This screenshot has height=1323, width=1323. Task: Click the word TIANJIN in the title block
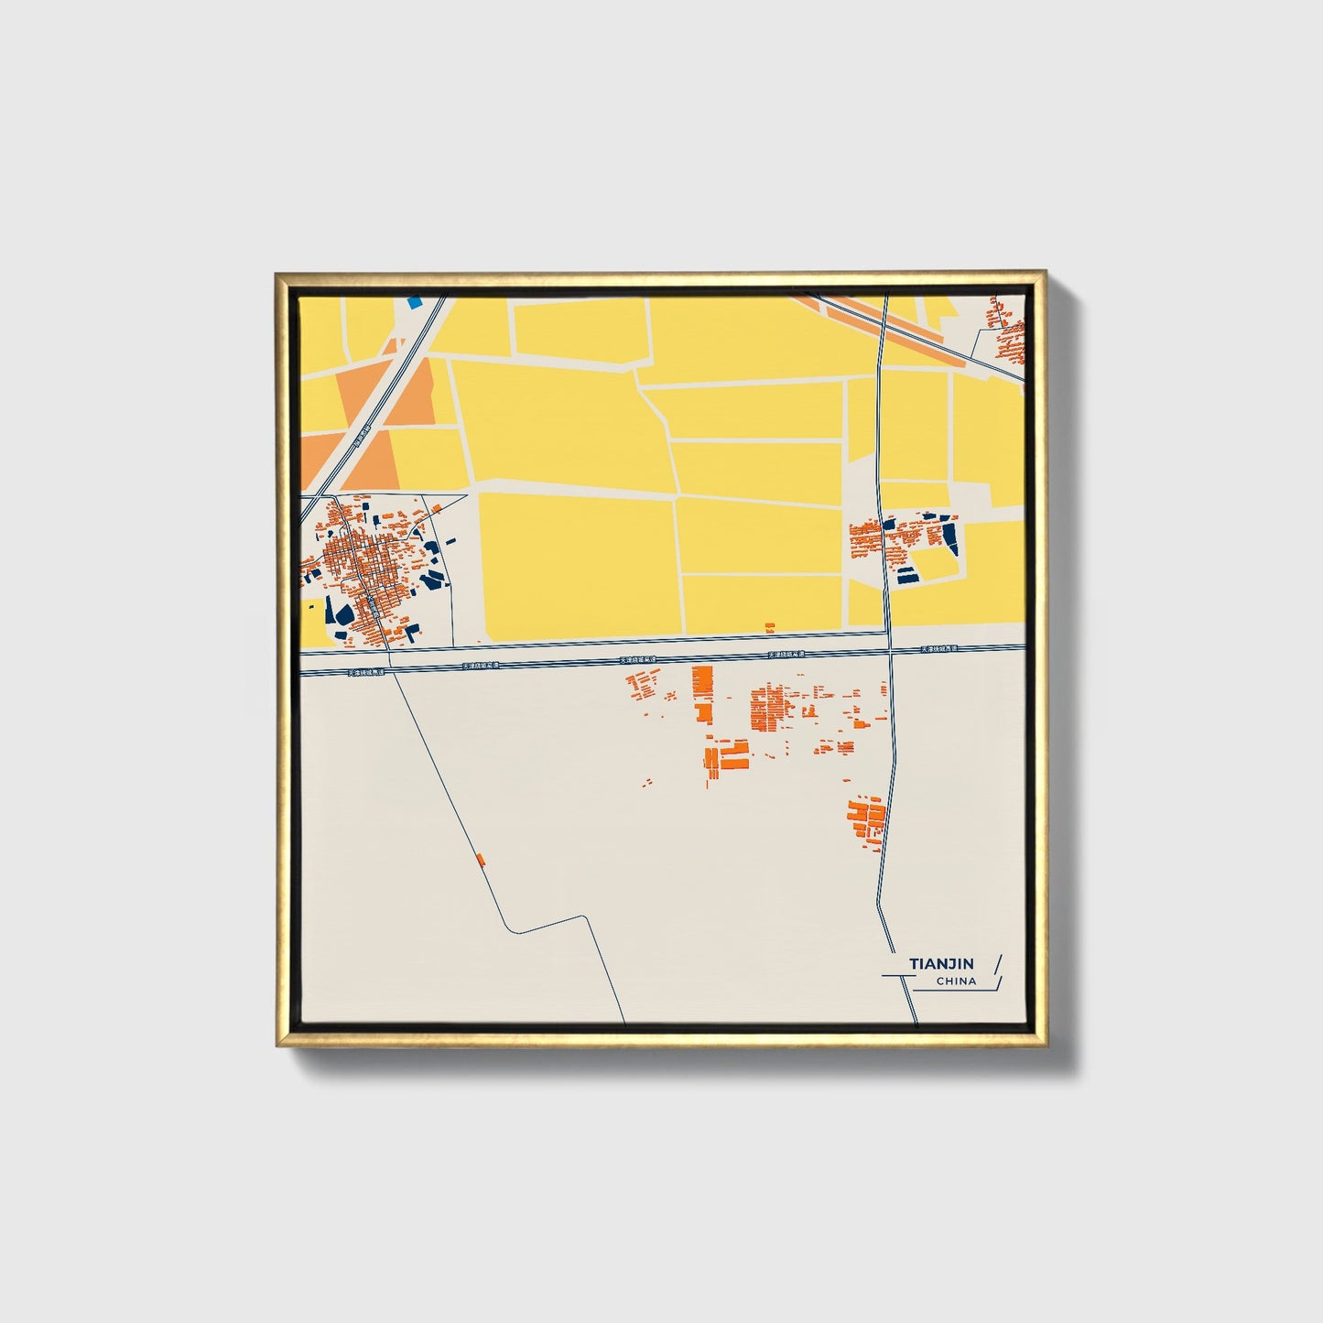pyautogui.click(x=942, y=964)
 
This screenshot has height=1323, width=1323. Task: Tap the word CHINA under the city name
pyautogui.click(x=956, y=981)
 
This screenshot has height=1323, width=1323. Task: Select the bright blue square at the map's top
pyautogui.click(x=415, y=300)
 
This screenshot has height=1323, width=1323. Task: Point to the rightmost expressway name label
pyautogui.click(x=939, y=649)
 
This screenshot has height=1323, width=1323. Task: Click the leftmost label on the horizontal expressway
pyautogui.click(x=366, y=671)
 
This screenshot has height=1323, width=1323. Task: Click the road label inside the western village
pyautogui.click(x=373, y=603)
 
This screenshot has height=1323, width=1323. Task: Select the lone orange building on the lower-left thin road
pyautogui.click(x=481, y=859)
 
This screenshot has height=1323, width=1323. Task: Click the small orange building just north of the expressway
pyautogui.click(x=769, y=627)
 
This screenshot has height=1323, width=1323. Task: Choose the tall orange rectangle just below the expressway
pyautogui.click(x=702, y=683)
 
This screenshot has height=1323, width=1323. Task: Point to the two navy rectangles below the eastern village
pyautogui.click(x=907, y=576)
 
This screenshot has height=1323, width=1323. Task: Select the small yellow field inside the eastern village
pyautogui.click(x=934, y=561)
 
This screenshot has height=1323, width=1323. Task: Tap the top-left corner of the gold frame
pyautogui.click(x=276, y=273)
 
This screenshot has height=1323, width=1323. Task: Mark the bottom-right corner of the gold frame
pyautogui.click(x=1046, y=1046)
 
